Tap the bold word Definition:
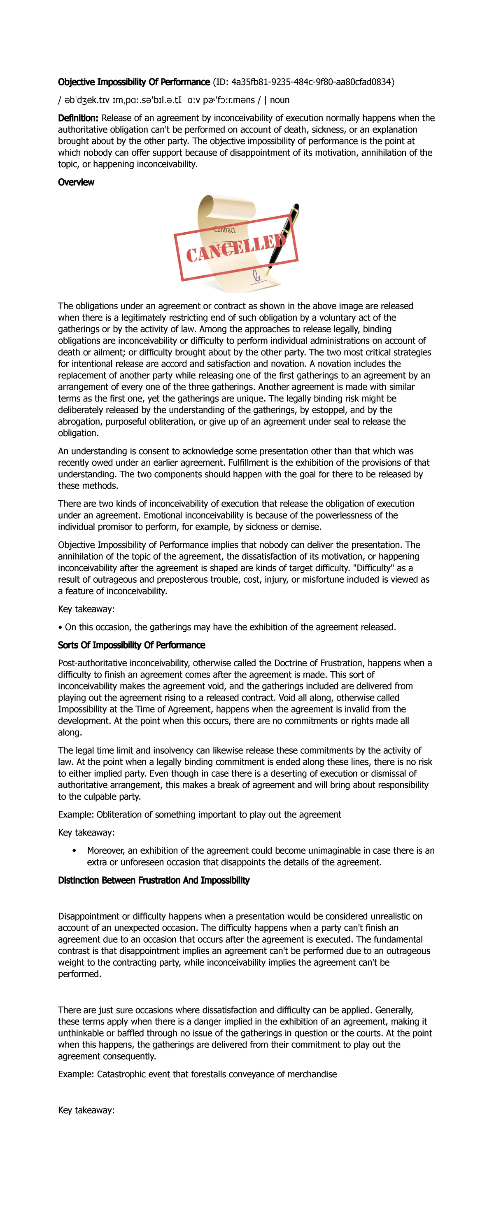78,118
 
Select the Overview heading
76,182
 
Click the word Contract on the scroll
224,230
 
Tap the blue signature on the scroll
257,275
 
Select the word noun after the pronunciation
280,100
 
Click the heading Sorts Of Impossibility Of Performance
131,645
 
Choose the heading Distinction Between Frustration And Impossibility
154,880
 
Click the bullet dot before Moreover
75,851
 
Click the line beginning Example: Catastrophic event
198,1074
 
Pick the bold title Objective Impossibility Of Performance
133,82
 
